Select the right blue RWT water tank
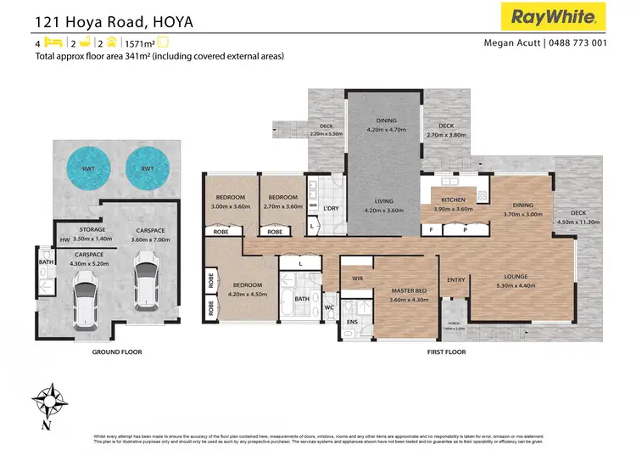(147, 169)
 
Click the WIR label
(358, 278)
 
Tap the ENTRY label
(456, 279)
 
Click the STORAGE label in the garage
(92, 230)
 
